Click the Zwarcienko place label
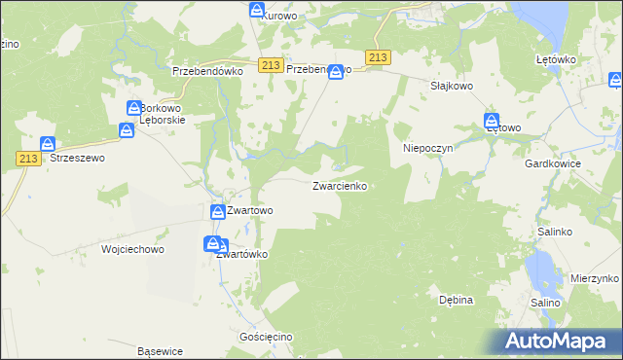pyautogui.click(x=340, y=186)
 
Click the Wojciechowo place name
pyautogui.click(x=133, y=249)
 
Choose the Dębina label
pyautogui.click(x=456, y=300)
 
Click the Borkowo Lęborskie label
pyautogui.click(x=164, y=113)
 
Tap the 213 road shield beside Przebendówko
pyautogui.click(x=272, y=64)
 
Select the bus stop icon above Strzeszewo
pyautogui.click(x=47, y=144)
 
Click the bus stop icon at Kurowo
pyautogui.click(x=257, y=11)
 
